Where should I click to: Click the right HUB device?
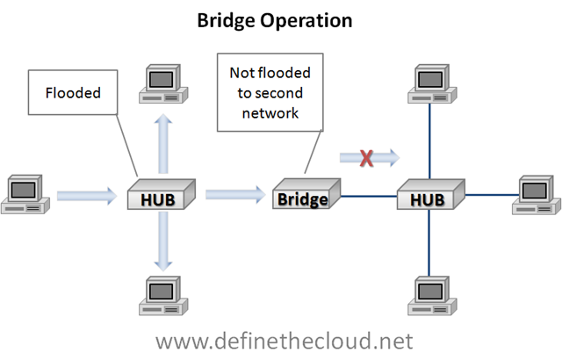(x=429, y=198)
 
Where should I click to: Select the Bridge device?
(x=301, y=197)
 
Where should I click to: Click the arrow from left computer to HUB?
(x=86, y=194)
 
